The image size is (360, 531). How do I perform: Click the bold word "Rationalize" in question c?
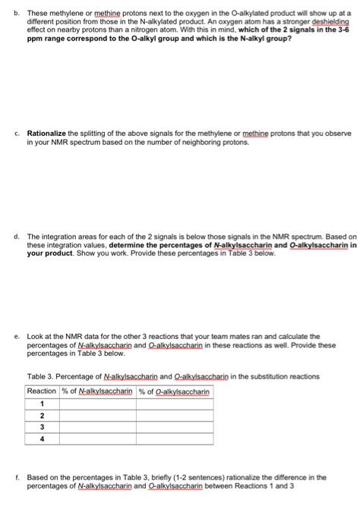tap(47, 133)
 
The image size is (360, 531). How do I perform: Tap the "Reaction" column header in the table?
tap(42, 391)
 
